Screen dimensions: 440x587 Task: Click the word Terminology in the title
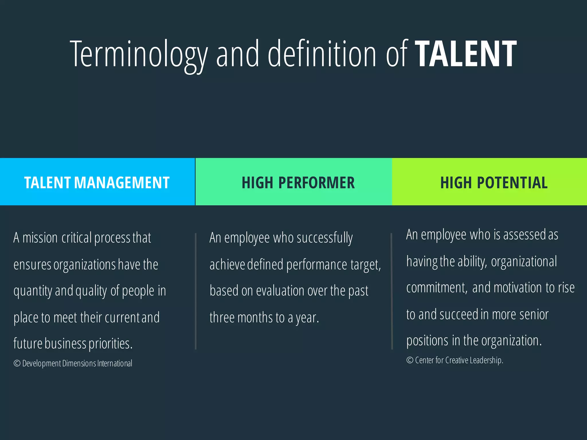click(139, 54)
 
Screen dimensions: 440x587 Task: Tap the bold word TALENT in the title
click(466, 54)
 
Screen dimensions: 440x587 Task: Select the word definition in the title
click(322, 54)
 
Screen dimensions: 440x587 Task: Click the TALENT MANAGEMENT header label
click(97, 183)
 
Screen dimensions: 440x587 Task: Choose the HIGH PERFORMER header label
click(298, 183)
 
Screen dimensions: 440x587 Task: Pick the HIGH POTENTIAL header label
click(494, 183)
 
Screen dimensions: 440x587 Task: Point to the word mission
click(40, 238)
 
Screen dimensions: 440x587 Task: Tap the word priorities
click(110, 343)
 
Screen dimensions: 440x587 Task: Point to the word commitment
click(437, 288)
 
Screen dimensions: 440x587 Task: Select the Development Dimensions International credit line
click(73, 364)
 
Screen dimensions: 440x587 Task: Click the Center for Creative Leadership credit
click(455, 360)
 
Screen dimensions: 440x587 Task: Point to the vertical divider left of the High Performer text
click(196, 291)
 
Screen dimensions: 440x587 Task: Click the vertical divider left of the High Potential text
click(392, 291)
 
